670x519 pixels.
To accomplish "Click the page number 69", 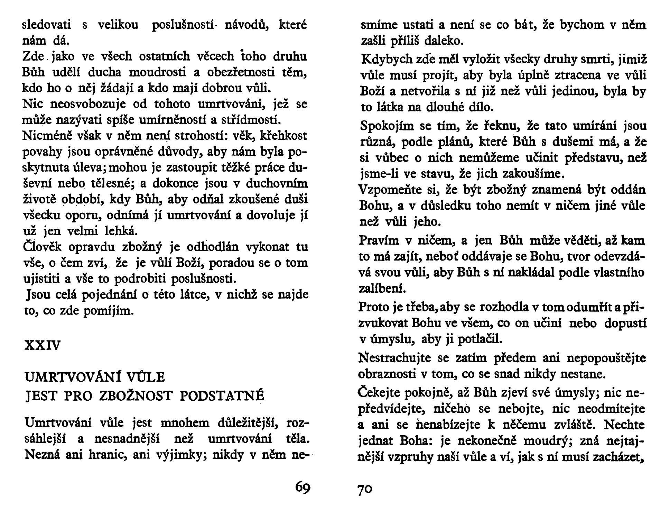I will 303,488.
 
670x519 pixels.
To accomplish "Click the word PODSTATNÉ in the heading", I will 222,396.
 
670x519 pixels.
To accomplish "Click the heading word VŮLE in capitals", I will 146,377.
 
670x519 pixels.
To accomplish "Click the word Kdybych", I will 383,60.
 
